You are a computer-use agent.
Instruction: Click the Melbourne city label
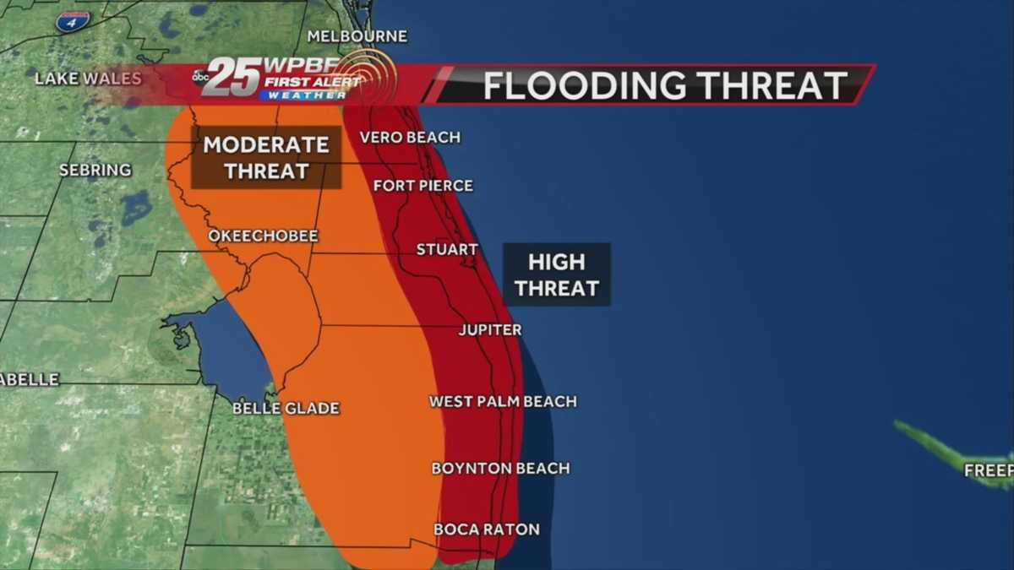pos(357,36)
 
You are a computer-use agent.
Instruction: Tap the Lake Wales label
pos(88,79)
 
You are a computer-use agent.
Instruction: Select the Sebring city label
pos(95,171)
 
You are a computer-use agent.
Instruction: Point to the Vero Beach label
pos(410,137)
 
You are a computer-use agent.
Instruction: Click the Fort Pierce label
pos(422,185)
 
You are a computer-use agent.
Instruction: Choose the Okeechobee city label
pos(264,236)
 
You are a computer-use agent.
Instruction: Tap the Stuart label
pos(447,250)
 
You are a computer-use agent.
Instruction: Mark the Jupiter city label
pos(490,330)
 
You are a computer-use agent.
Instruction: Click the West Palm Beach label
pos(503,402)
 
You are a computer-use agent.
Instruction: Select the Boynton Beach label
pos(500,468)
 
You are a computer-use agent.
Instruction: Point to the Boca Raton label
pos(486,529)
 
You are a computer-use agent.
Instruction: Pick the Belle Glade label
pos(286,409)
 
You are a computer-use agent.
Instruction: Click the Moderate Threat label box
pos(266,158)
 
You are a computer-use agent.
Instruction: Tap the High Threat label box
pos(557,275)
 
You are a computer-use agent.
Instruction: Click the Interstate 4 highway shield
pos(73,21)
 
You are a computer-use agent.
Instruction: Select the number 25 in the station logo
pos(230,77)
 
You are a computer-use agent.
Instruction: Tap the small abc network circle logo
pos(201,77)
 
